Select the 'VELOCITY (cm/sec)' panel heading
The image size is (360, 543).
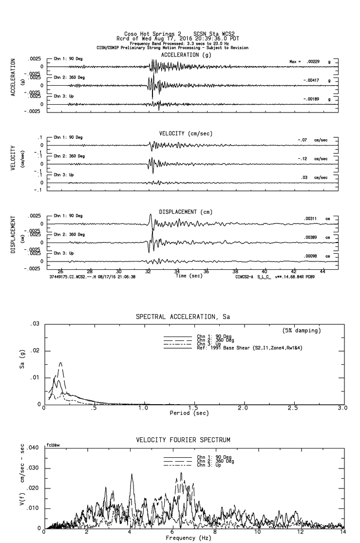pyautogui.click(x=186, y=133)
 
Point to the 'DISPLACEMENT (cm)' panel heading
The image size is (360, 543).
pyautogui.click(x=186, y=212)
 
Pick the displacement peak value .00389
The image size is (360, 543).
pyautogui.click(x=311, y=237)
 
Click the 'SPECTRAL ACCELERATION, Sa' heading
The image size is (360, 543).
pyautogui.click(x=183, y=317)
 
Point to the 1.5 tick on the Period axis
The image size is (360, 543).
pyautogui.click(x=193, y=408)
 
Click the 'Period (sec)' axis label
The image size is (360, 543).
pyautogui.click(x=189, y=413)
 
